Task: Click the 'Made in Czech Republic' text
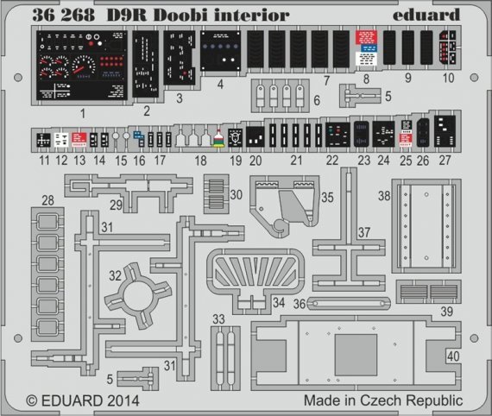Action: point(383,401)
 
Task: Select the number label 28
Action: point(48,200)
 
